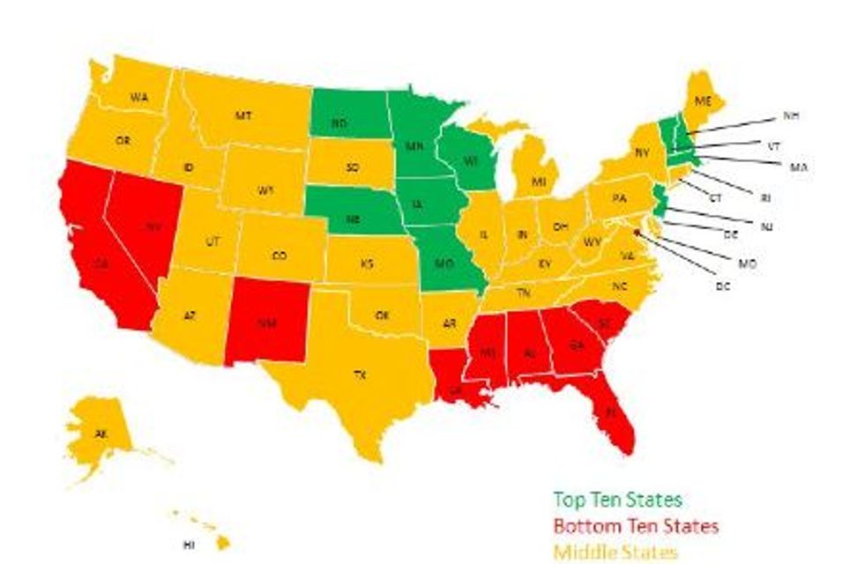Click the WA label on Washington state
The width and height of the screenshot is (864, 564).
click(138, 97)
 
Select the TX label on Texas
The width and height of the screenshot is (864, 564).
click(360, 375)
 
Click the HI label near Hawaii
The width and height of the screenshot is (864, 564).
click(188, 545)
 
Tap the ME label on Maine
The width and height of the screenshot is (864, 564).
click(703, 103)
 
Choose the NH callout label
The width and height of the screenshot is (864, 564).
click(790, 115)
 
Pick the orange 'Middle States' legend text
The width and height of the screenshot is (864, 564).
click(615, 553)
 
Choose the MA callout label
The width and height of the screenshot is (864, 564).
click(799, 167)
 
